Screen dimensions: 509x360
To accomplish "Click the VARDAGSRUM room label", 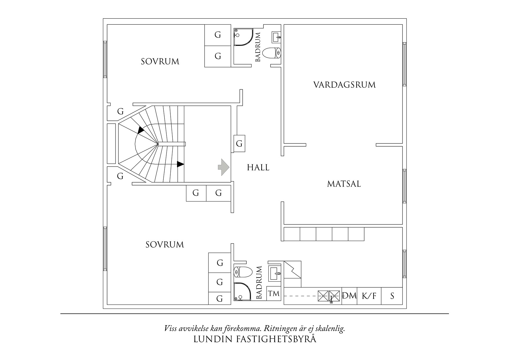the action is point(344,85).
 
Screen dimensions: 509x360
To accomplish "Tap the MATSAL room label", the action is point(344,184).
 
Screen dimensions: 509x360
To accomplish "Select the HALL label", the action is point(258,168).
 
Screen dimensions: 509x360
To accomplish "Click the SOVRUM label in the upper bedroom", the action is point(160,62).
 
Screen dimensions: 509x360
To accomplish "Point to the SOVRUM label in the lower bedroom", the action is point(165,245).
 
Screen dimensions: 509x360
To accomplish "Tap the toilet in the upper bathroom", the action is point(272,53).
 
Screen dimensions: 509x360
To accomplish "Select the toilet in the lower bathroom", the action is point(243,272).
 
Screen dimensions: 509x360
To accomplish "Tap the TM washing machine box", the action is point(274,294).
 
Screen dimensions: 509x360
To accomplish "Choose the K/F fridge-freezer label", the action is point(369,296).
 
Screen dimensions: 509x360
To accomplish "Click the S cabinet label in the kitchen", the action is point(392,296).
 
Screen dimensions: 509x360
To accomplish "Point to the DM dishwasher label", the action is point(349,296).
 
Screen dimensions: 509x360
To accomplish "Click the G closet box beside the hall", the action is point(239,144).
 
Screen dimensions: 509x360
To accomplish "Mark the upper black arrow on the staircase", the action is point(141,130).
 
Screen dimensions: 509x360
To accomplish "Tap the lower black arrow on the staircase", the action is point(181,164).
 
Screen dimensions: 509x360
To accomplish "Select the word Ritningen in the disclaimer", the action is point(279,329).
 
